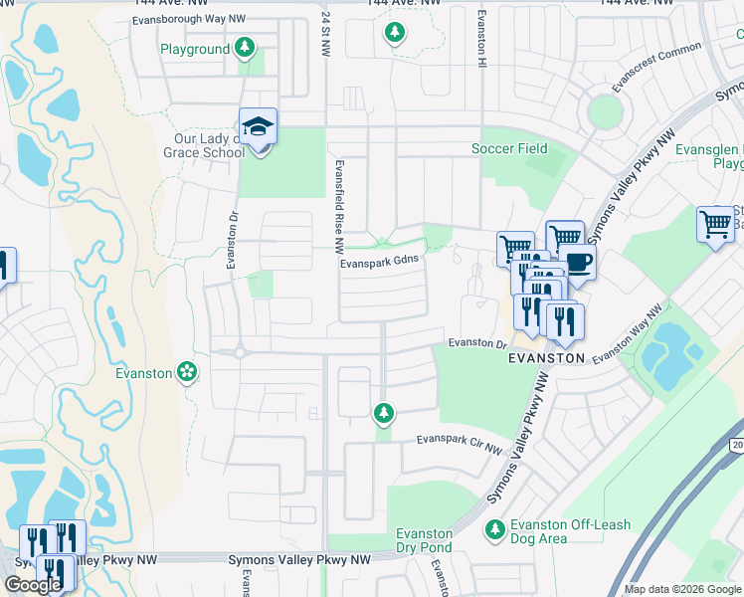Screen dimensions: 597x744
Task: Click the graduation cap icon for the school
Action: [x=259, y=127]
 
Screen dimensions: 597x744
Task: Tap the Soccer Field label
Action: [x=509, y=148]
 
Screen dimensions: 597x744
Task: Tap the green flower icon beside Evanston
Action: [x=185, y=372]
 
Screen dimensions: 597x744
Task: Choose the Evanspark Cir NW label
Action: [x=460, y=438]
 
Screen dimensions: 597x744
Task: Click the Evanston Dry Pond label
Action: [x=425, y=539]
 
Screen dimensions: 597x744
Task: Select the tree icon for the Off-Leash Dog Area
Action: [x=494, y=527]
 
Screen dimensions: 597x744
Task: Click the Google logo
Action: [x=33, y=585]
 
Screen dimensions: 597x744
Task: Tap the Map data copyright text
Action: [x=682, y=589]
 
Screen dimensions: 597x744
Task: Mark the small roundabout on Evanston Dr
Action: [x=240, y=351]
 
